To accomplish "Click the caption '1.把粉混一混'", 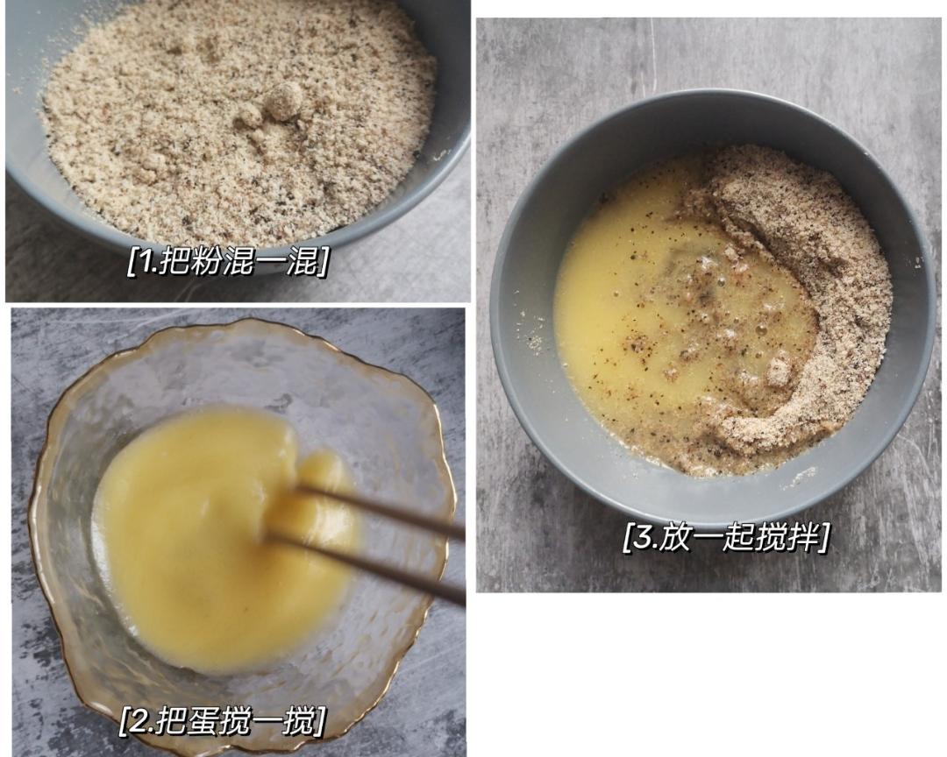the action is pos(228,260).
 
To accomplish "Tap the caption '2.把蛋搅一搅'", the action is pos(222,719).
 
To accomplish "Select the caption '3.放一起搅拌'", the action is pos(726,537).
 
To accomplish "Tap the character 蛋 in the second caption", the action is pos(202,719).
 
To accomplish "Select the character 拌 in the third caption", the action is pos(801,537).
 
